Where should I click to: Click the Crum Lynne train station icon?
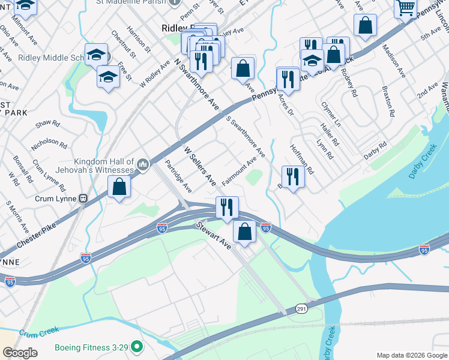pos(83,199)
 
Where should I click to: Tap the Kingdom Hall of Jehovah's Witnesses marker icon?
pos(143,164)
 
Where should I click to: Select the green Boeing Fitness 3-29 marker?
pos(137,347)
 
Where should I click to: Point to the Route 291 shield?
pos(302,308)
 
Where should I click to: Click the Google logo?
pos(20,353)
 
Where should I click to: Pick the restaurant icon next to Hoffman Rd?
pos(292,176)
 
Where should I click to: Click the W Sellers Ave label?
pos(199,164)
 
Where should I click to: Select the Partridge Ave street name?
pos(178,175)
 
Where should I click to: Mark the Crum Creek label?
pos(41,333)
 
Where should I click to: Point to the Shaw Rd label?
pos(47,124)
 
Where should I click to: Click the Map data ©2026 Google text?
pos(411,355)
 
